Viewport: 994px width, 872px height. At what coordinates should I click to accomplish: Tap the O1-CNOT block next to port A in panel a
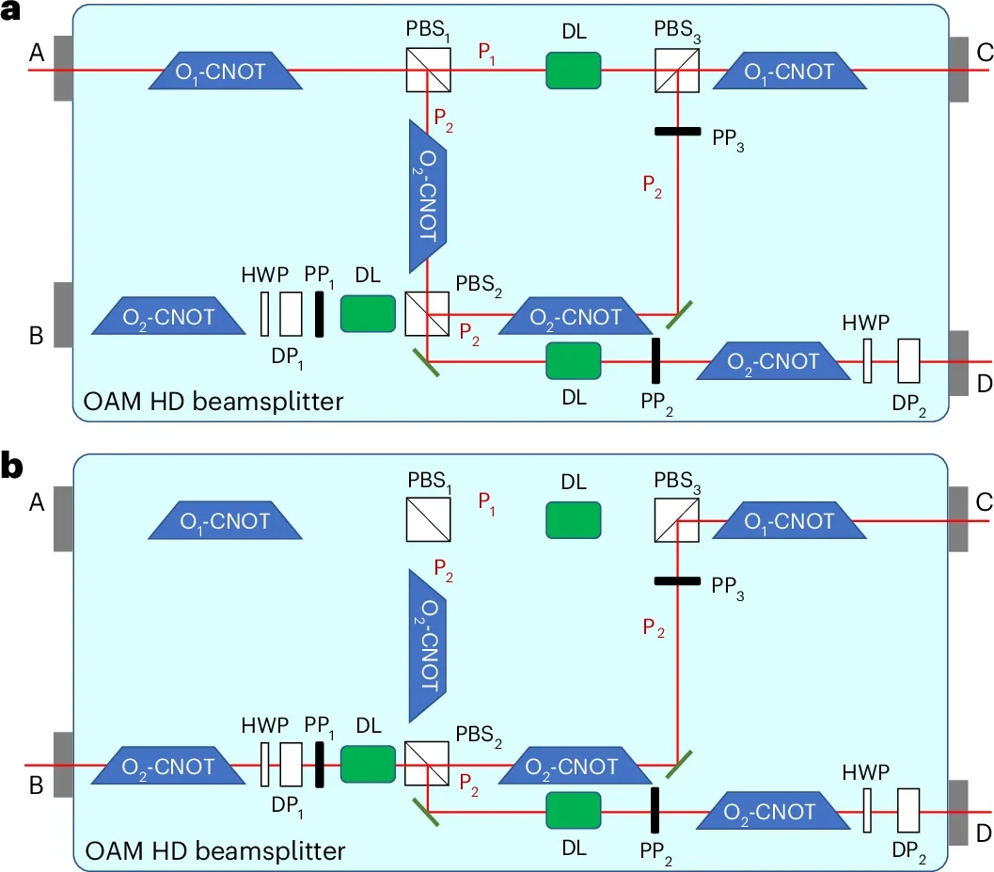[226, 71]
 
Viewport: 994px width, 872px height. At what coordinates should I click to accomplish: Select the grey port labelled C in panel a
[960, 70]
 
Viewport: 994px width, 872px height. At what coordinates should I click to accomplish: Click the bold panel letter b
[12, 468]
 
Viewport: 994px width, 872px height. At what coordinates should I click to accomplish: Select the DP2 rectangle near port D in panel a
[908, 361]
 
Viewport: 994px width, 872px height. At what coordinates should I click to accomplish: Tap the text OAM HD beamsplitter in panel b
[214, 852]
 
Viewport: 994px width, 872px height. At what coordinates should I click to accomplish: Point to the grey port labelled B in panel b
[63, 764]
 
